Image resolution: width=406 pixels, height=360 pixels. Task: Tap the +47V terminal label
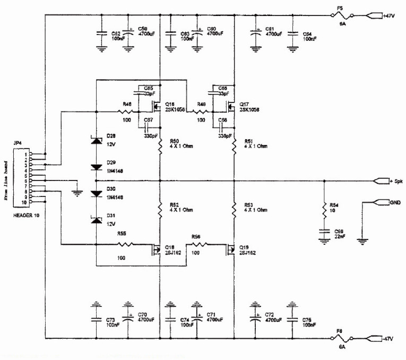coord(390,15)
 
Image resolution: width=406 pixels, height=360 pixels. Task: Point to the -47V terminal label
coord(390,338)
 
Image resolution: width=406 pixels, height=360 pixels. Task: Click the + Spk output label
coord(395,181)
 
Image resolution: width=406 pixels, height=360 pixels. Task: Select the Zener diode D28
coord(96,141)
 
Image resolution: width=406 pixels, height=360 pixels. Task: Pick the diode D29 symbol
coord(96,167)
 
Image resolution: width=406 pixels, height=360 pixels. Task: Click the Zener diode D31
coord(96,219)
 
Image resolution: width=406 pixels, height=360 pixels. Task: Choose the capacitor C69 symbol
coord(323,232)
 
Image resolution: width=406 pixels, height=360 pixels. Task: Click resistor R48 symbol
coord(126,112)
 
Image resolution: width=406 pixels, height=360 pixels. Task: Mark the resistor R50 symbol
coord(160,149)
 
